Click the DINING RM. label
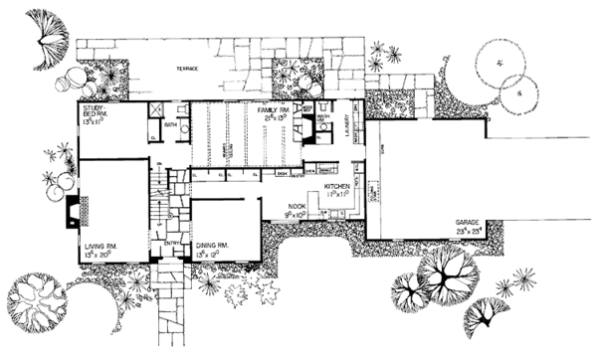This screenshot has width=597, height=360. pyautogui.click(x=213, y=243)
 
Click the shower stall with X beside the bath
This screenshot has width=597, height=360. pyautogui.click(x=156, y=112)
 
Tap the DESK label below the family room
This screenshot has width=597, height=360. pyautogui.click(x=283, y=173)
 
